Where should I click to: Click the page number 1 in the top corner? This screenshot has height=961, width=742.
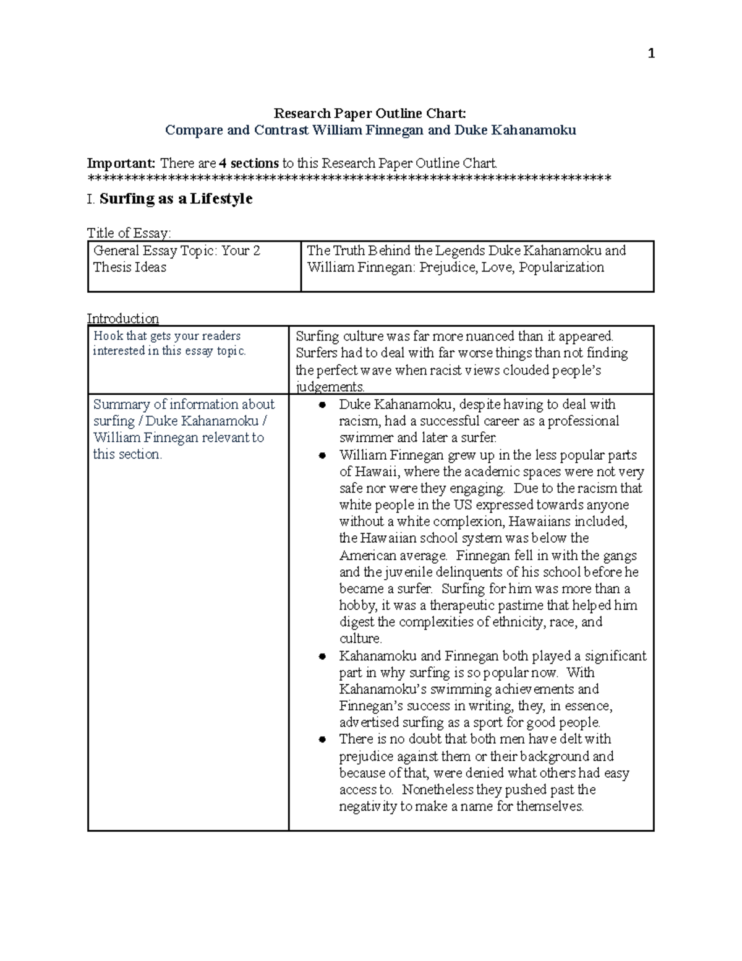click(x=650, y=54)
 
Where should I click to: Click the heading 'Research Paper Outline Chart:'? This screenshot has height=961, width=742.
click(x=370, y=113)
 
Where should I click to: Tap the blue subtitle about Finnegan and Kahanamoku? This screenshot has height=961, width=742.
click(x=370, y=130)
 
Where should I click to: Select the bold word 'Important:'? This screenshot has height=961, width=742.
click(x=121, y=163)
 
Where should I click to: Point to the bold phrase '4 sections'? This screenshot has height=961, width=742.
click(x=249, y=163)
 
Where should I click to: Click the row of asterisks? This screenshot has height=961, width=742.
click(x=349, y=179)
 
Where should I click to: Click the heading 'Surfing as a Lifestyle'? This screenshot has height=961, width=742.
click(x=176, y=199)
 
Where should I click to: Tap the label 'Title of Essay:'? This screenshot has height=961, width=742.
click(x=129, y=233)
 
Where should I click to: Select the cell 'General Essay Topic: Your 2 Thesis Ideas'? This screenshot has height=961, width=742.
click(x=176, y=259)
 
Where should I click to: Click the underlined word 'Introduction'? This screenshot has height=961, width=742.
click(x=122, y=319)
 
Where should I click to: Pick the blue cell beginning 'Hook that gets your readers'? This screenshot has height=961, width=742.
click(x=169, y=343)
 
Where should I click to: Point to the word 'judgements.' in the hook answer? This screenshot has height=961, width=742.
click(x=330, y=387)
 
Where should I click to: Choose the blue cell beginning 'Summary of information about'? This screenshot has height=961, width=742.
click(x=184, y=429)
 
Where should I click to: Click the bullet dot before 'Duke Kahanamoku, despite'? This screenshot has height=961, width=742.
click(x=322, y=405)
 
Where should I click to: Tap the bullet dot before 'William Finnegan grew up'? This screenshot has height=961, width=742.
click(x=322, y=455)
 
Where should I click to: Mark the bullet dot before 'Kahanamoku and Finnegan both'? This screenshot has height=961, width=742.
click(x=322, y=657)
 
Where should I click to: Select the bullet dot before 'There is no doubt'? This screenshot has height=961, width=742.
click(x=322, y=739)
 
